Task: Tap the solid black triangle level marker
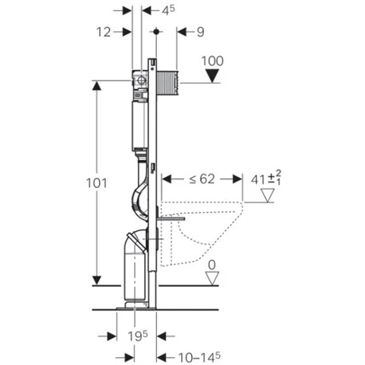(x=211, y=77)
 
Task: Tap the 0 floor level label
(x=211, y=265)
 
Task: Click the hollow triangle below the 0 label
(x=211, y=277)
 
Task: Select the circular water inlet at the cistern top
(x=142, y=81)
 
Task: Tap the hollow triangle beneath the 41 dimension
(x=275, y=194)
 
